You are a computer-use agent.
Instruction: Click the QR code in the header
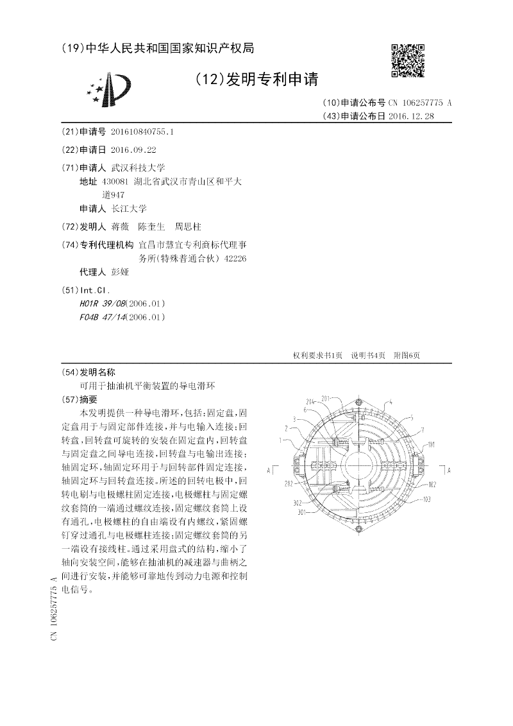pyautogui.click(x=408, y=60)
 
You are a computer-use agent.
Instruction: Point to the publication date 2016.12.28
pyautogui.click(x=411, y=116)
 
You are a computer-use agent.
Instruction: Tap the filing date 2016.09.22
pyautogui.click(x=133, y=150)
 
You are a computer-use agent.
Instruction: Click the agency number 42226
pyautogui.click(x=233, y=258)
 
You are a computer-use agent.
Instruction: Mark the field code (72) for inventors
pyautogui.click(x=69, y=227)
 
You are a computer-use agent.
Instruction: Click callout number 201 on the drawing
pyautogui.click(x=325, y=398)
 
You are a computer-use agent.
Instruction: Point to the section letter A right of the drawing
pyautogui.click(x=450, y=470)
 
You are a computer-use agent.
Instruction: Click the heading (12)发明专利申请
pyautogui.click(x=256, y=79)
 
